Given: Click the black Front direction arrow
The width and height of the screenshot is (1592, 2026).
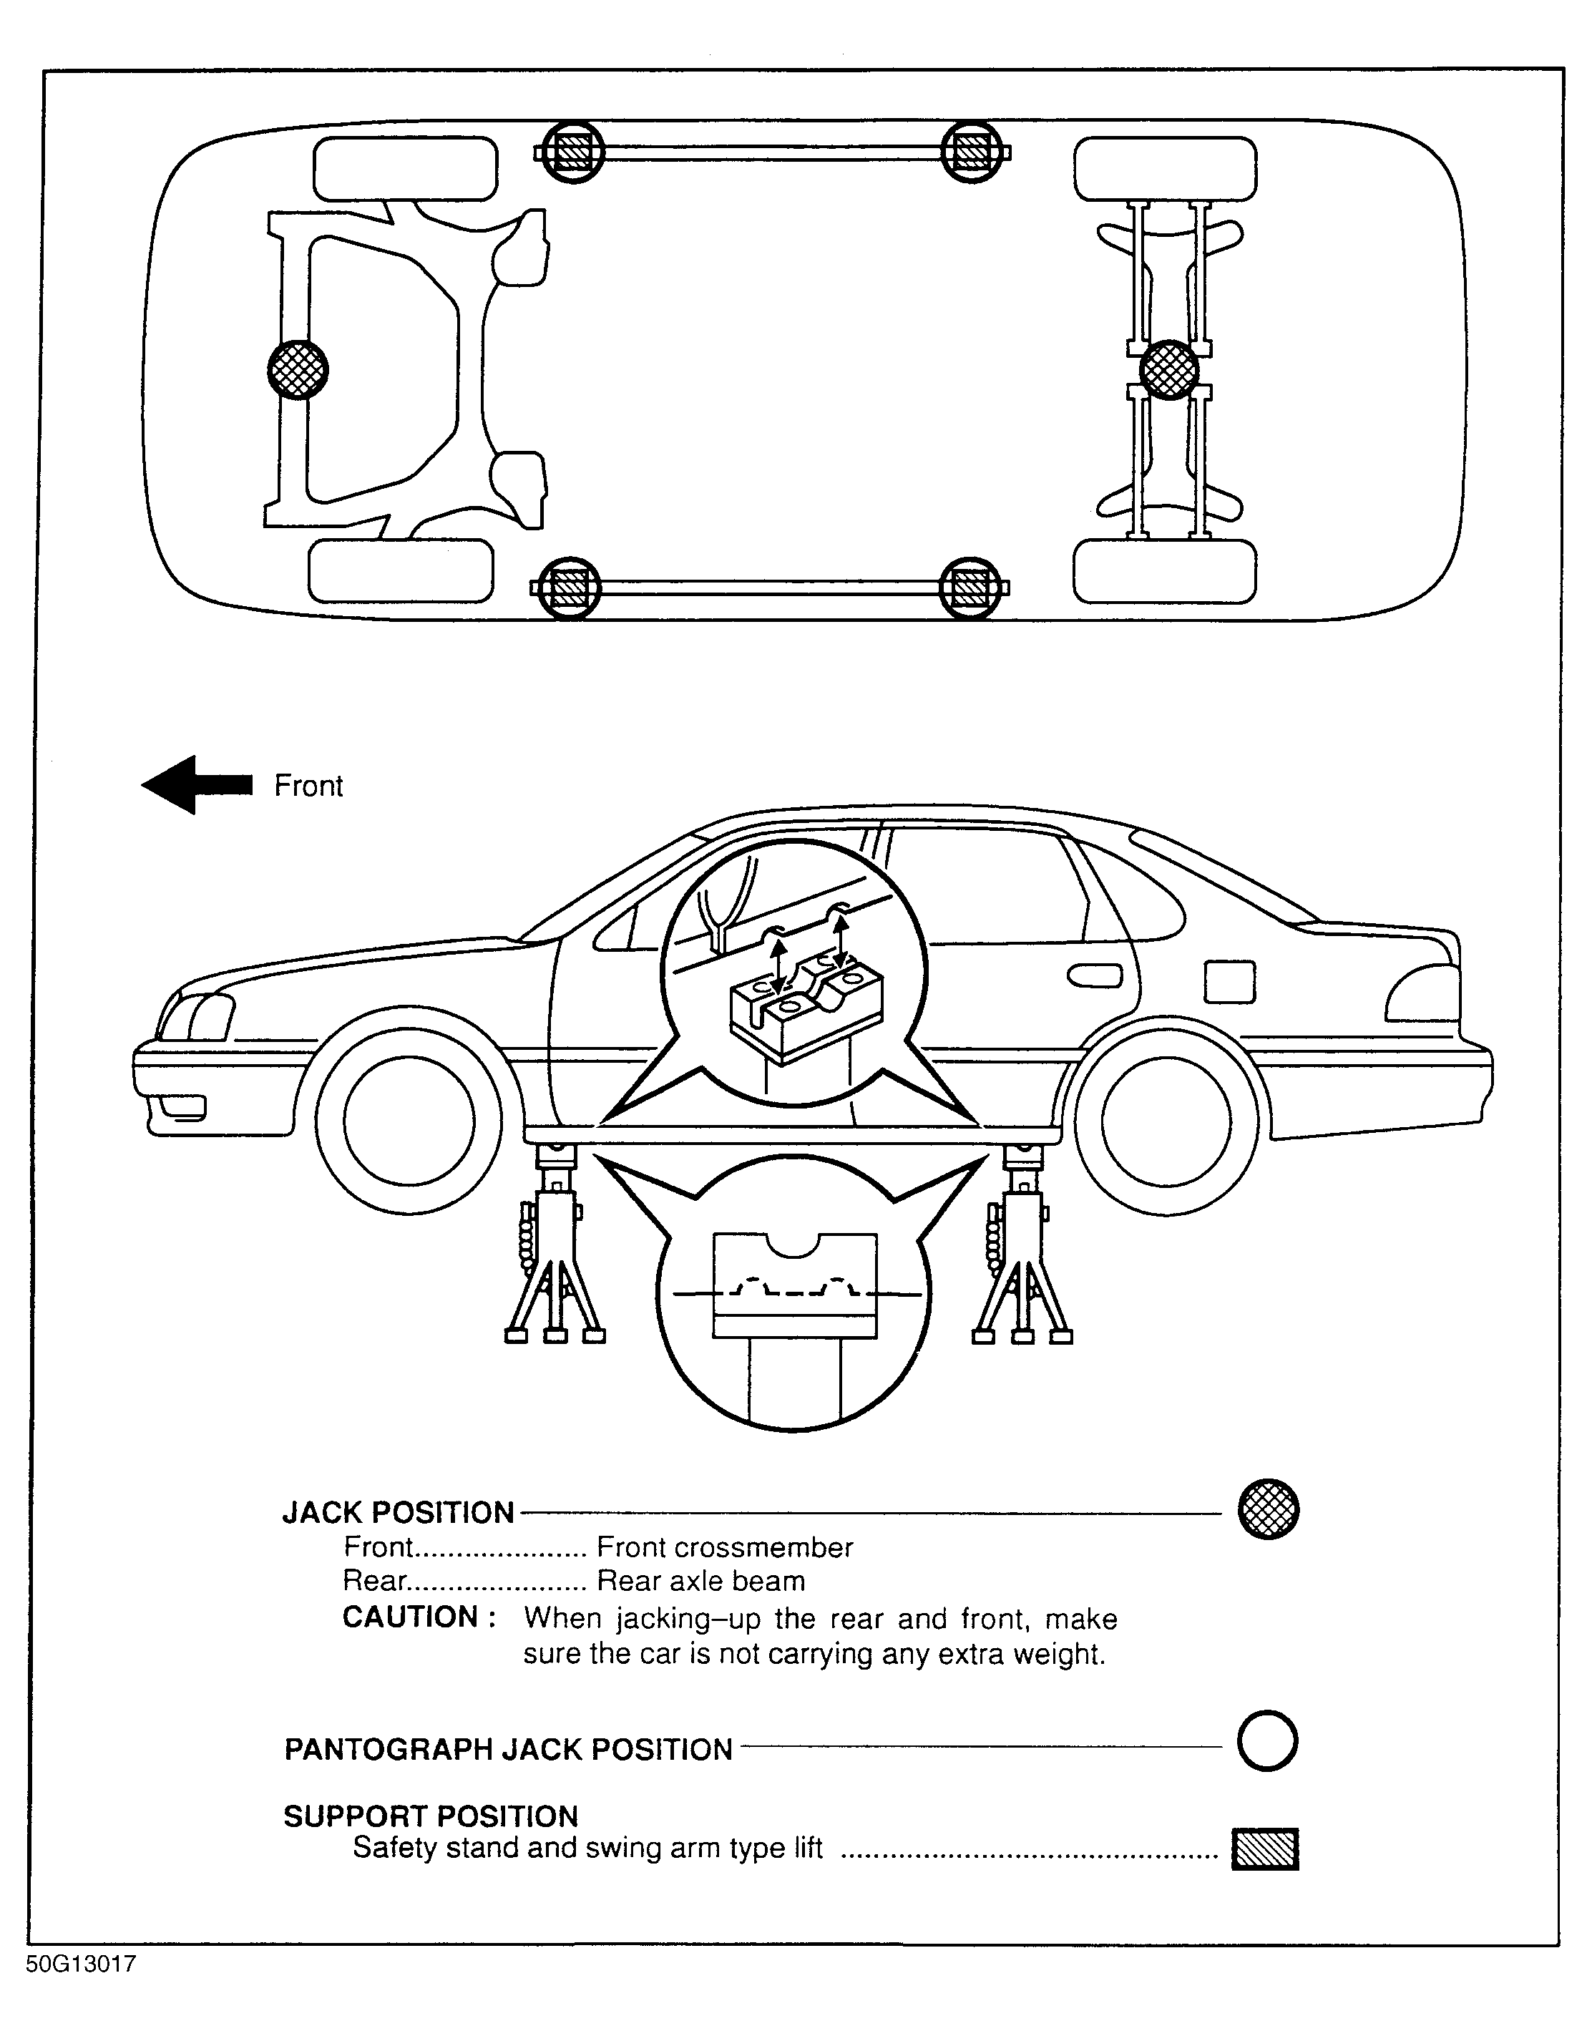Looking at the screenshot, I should click(196, 784).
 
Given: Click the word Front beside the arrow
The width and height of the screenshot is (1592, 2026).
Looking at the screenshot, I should click(308, 786).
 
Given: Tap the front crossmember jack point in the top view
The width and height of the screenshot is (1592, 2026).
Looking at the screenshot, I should click(298, 369).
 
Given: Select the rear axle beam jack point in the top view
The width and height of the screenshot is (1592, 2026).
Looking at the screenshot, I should click(1169, 369).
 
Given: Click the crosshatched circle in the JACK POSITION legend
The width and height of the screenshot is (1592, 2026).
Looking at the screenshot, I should click(1268, 1509).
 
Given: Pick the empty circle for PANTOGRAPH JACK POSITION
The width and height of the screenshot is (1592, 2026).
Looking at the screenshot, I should click(1268, 1740).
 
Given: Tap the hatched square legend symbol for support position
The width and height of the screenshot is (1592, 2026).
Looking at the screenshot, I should click(1265, 1849).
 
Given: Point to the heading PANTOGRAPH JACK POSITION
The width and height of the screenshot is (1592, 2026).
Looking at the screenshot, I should click(508, 1749).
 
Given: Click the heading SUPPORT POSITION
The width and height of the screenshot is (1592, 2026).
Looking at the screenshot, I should click(431, 1816).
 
